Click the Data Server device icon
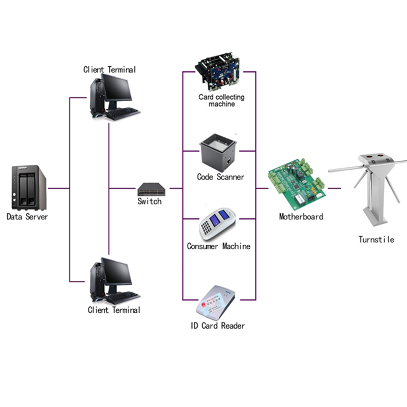click(x=29, y=187)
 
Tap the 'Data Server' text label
click(x=27, y=217)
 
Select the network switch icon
click(x=151, y=189)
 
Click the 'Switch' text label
click(x=150, y=201)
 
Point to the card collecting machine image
click(x=218, y=71)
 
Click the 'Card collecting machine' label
click(x=221, y=100)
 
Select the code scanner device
click(x=218, y=152)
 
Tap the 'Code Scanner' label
click(x=221, y=177)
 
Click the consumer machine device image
click(x=218, y=224)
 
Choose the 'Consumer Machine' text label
click(x=219, y=246)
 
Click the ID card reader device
click(x=215, y=303)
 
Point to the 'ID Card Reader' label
click(x=218, y=326)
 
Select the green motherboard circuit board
click(x=297, y=184)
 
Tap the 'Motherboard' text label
click(x=301, y=217)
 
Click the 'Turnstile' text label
click(x=376, y=239)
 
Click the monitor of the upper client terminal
click(x=117, y=88)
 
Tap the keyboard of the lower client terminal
click(x=123, y=298)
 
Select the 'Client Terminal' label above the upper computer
click(x=109, y=70)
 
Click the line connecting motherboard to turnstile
click(x=334, y=188)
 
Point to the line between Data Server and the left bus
click(x=59, y=188)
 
